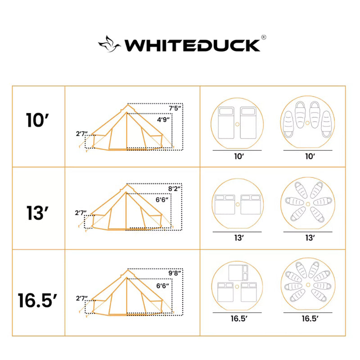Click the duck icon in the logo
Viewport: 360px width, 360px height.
[109, 44]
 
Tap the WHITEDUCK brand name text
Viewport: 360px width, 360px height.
[192, 45]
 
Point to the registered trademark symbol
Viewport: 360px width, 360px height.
[264, 38]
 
